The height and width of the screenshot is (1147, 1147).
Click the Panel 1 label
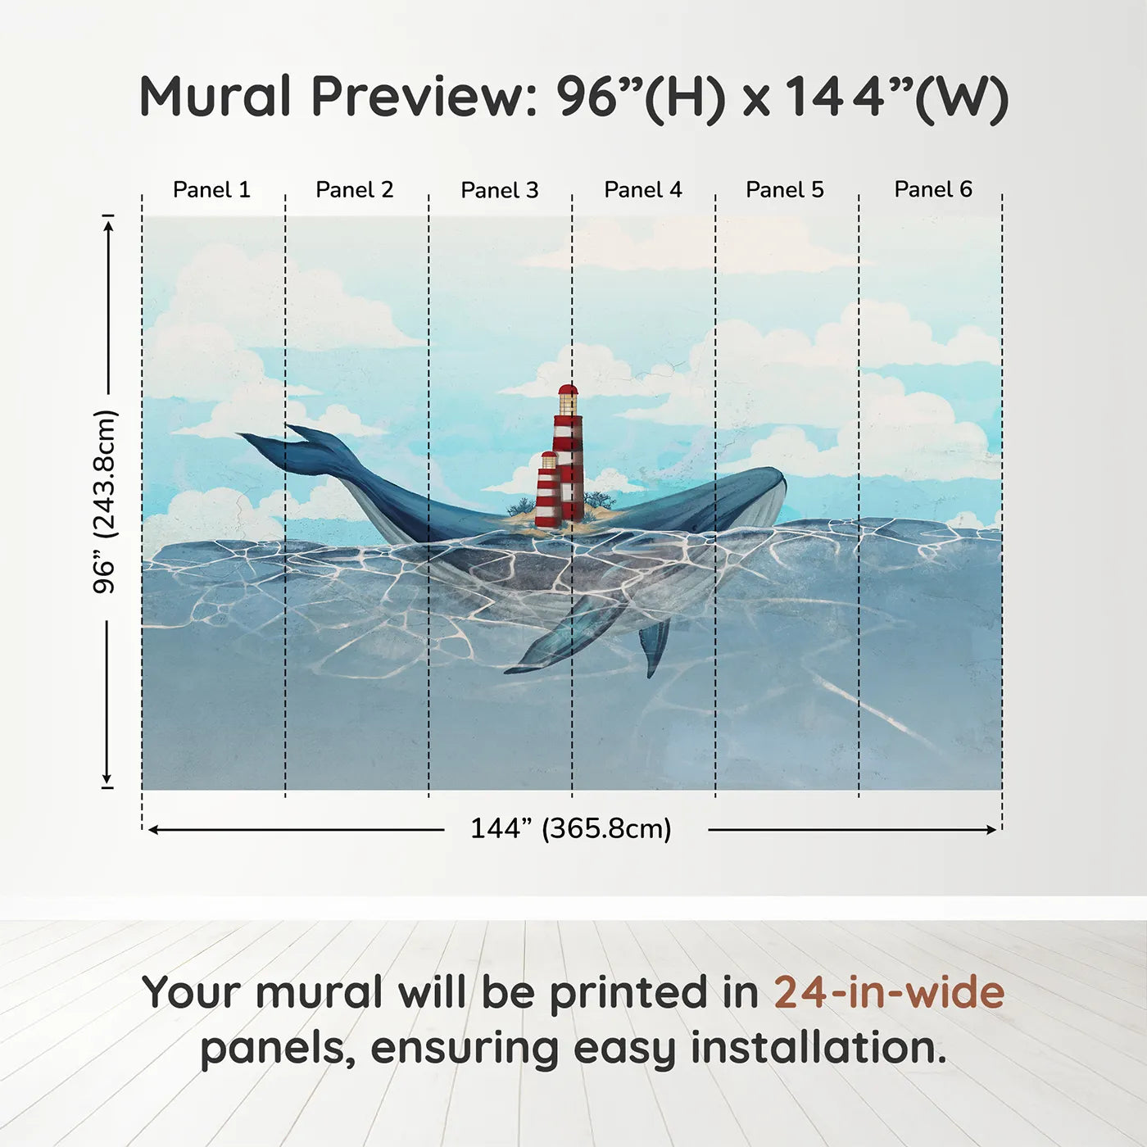[x=211, y=190]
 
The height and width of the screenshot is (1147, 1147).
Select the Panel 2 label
[x=354, y=190]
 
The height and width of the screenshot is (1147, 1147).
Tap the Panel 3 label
[x=500, y=190]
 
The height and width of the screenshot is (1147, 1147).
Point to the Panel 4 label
[x=643, y=190]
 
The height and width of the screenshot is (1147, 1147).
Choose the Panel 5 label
[x=785, y=190]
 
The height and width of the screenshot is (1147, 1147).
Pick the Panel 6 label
[x=932, y=189]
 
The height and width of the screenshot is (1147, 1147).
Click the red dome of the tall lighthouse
[x=568, y=391]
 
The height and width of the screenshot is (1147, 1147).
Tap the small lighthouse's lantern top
[x=549, y=456]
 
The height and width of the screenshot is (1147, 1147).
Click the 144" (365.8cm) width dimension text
[x=570, y=828]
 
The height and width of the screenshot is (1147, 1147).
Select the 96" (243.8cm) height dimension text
[x=106, y=501]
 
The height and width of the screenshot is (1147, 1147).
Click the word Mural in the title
[x=215, y=97]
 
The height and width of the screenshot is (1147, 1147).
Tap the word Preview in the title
[x=425, y=97]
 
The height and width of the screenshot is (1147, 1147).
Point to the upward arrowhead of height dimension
[x=107, y=227]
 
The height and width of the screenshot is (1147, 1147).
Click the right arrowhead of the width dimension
[x=990, y=830]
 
